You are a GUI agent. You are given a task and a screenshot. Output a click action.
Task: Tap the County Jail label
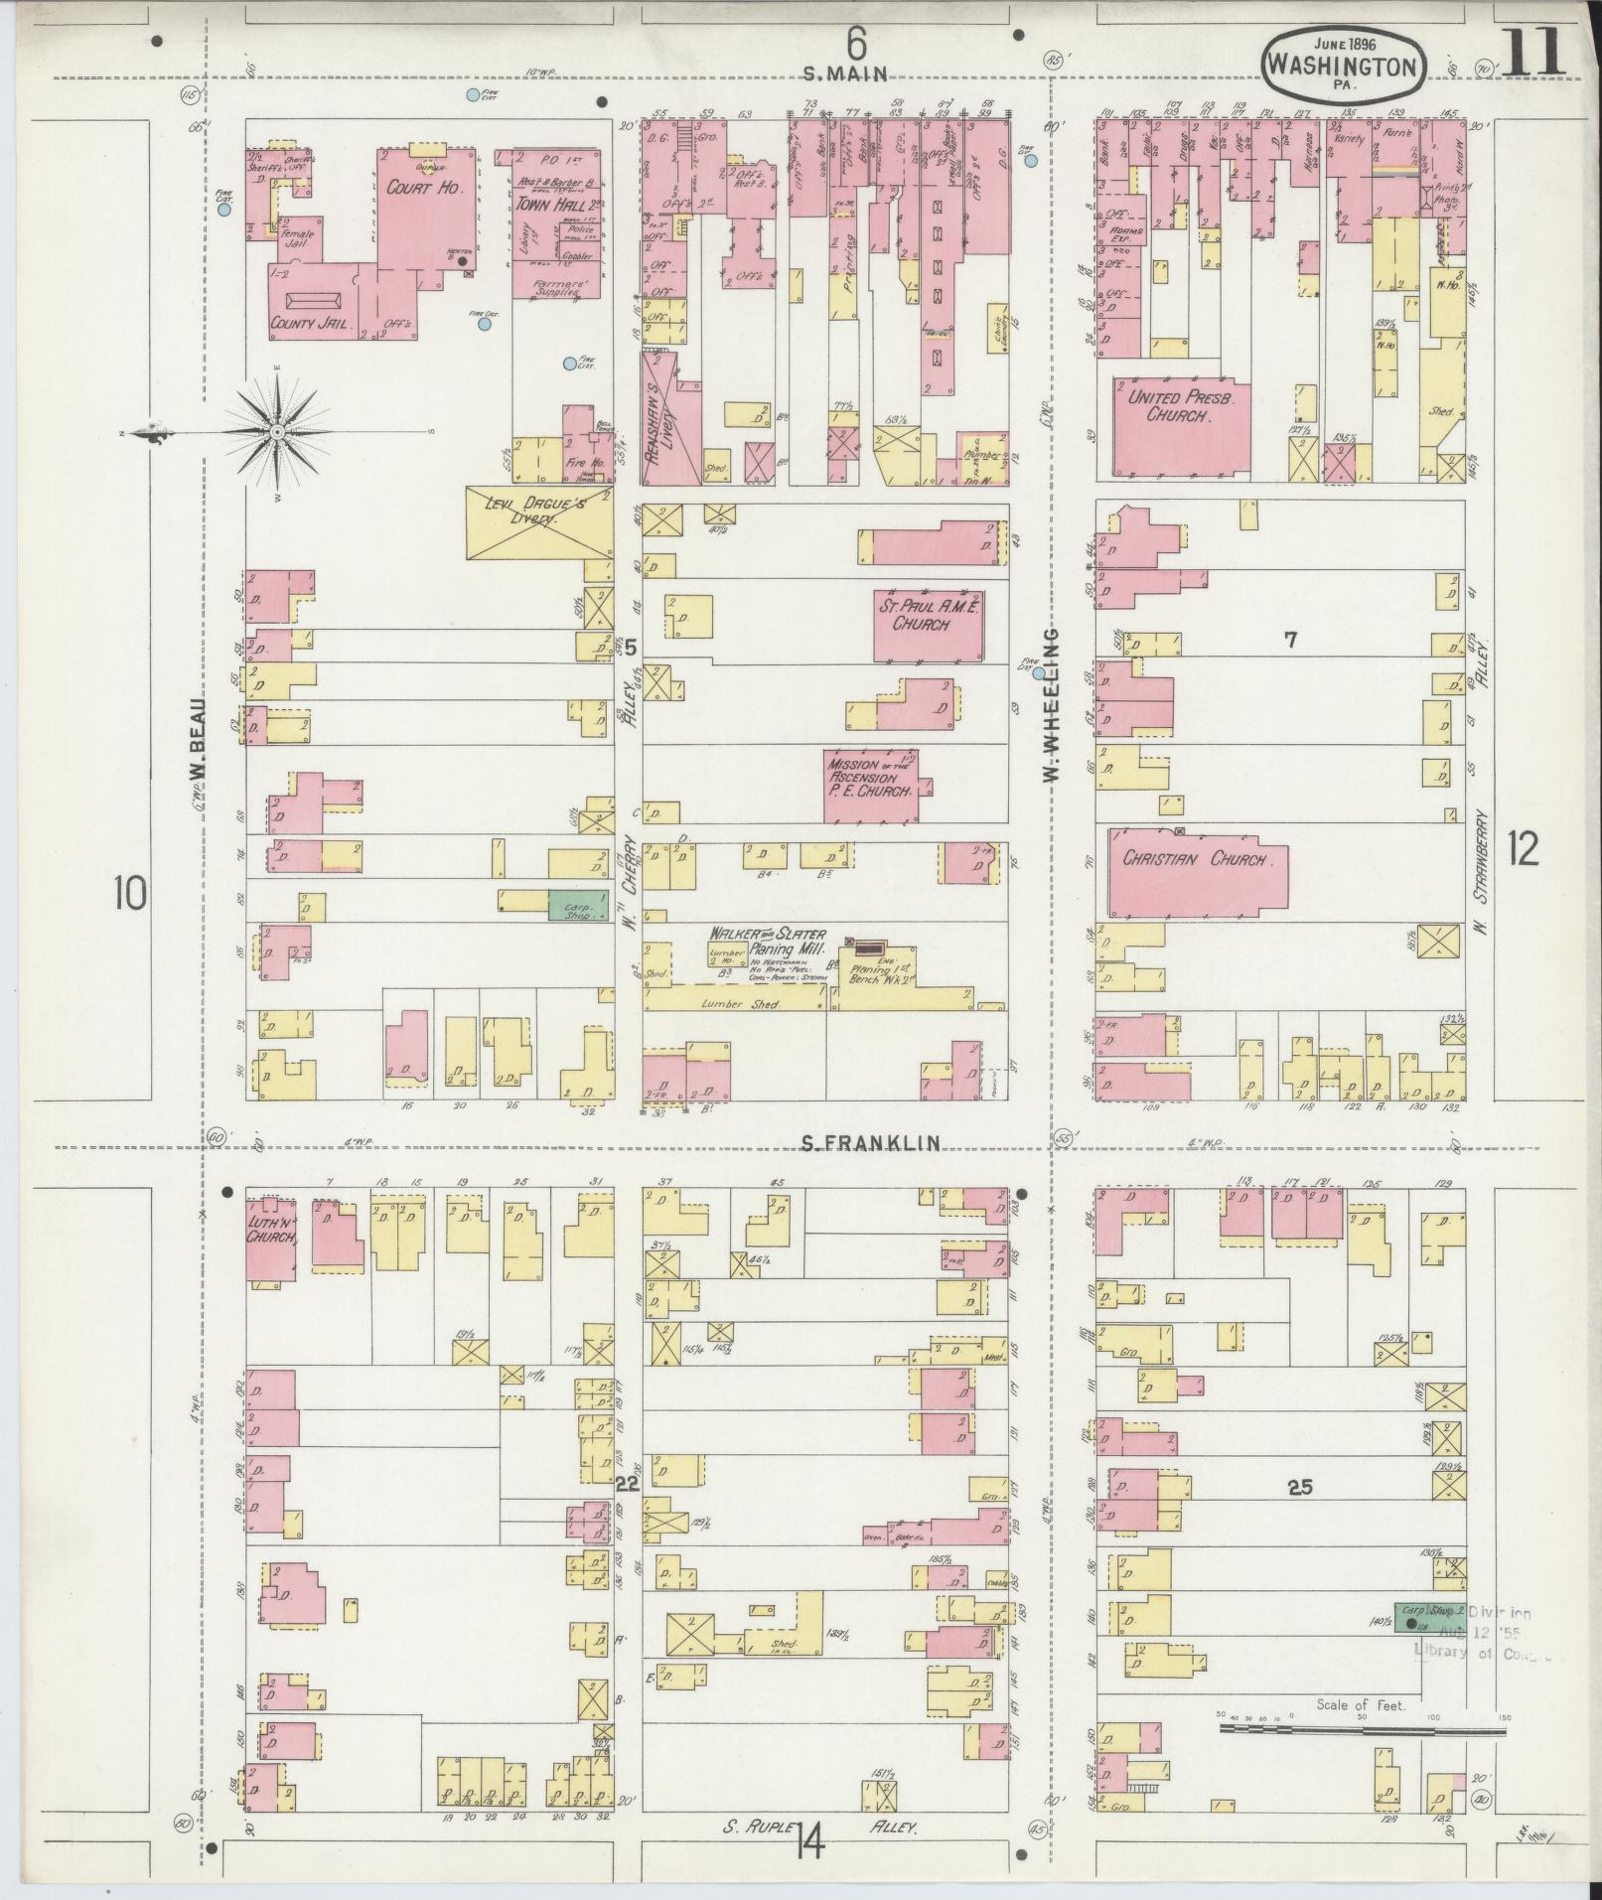pos(312,323)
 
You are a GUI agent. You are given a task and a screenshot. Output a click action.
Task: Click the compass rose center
pos(278,432)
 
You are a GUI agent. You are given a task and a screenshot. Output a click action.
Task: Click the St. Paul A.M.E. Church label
pos(928,615)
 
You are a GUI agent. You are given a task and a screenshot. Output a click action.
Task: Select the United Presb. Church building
pos(1180,424)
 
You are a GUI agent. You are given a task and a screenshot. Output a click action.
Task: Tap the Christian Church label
pos(1195,859)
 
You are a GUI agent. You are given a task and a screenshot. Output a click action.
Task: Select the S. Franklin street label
pos(871,1144)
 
